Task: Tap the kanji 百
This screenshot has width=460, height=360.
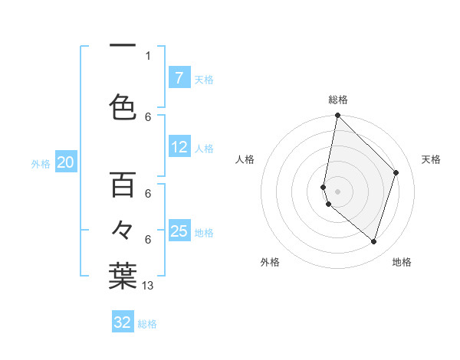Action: tap(122, 185)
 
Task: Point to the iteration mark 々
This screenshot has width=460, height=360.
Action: tap(122, 230)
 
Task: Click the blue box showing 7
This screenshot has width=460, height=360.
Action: tap(179, 77)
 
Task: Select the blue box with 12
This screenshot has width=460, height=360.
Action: tap(179, 147)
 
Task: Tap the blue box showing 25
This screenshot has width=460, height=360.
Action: tap(179, 231)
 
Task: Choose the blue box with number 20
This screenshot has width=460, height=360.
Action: tap(66, 162)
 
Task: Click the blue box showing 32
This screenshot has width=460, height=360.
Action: tap(123, 322)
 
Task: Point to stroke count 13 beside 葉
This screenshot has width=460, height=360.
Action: tap(149, 285)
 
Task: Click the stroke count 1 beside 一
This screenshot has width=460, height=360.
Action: tap(148, 55)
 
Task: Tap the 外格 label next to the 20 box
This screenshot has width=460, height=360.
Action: tap(41, 163)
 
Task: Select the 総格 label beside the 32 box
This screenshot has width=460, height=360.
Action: tap(148, 324)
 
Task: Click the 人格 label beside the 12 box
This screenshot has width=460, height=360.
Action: tap(204, 149)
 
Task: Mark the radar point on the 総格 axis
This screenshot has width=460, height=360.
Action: tap(337, 115)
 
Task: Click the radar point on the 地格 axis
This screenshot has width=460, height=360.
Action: tap(373, 241)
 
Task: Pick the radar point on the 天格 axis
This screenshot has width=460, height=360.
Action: tap(396, 172)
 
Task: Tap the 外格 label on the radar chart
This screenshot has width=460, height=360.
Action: tap(270, 262)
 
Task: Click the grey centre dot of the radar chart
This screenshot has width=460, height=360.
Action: tap(337, 191)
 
